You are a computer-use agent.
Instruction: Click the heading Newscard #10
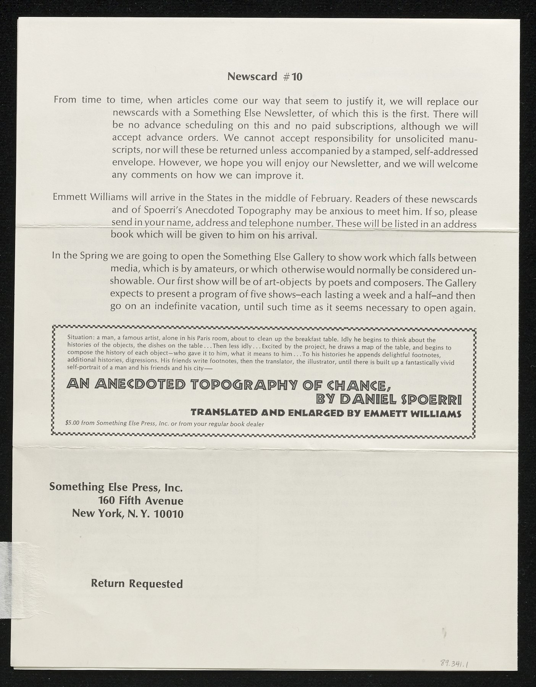tap(265, 77)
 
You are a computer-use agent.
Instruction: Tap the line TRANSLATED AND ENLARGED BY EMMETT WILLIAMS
tap(326, 413)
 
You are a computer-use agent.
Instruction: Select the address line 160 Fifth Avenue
tap(140, 500)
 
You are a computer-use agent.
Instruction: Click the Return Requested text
tap(137, 584)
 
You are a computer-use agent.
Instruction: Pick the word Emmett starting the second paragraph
tap(70, 199)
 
